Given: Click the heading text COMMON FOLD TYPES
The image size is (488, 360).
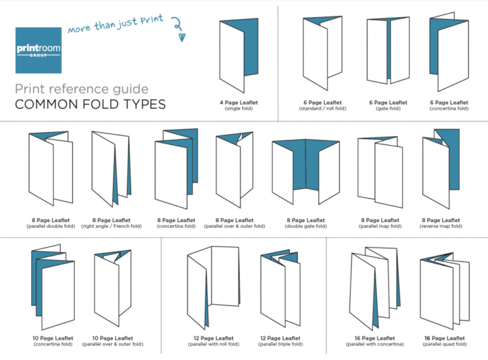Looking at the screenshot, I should coord(90,104).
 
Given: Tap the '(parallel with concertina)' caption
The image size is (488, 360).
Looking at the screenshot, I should coord(375,344).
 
